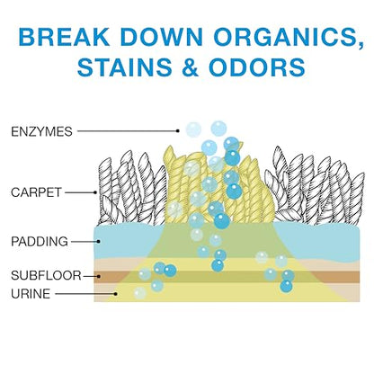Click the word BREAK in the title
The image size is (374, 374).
(64, 37)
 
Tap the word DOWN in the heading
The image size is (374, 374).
(162, 37)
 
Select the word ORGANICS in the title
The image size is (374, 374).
(289, 38)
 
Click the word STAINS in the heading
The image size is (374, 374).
(125, 67)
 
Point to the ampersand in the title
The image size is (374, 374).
(191, 67)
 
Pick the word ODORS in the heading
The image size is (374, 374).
(257, 67)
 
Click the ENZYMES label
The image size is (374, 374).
(41, 131)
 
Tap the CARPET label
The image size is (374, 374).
(36, 192)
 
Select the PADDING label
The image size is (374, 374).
(40, 242)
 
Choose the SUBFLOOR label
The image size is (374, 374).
(46, 275)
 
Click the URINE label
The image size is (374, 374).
(31, 294)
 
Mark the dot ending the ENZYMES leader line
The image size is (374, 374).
(178, 131)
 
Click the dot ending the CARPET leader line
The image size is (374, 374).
(95, 192)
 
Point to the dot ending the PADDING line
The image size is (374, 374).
(99, 241)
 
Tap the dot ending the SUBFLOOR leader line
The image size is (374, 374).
(99, 276)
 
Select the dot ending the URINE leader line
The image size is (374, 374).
(115, 294)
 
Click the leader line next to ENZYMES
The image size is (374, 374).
(128, 131)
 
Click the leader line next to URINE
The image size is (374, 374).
(85, 294)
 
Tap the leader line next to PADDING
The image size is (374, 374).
(85, 241)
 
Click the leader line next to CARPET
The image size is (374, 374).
(80, 192)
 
